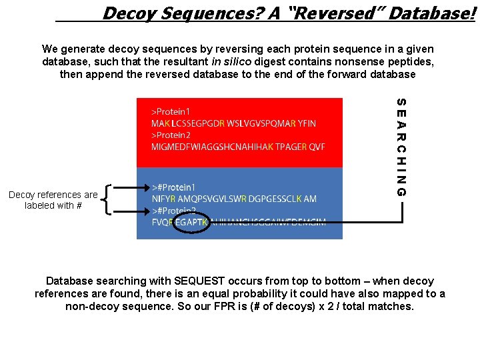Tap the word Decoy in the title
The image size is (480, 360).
point(129,12)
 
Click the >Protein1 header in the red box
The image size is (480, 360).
point(172,112)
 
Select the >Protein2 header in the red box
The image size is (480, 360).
point(172,135)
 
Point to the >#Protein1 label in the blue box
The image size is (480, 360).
point(174,187)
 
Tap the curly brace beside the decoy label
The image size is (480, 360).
point(108,199)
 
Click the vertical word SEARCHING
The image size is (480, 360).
point(401,147)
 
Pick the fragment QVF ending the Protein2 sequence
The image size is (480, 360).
point(317,147)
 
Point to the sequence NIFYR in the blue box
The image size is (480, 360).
point(164,199)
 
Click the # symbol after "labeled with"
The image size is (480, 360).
point(79,205)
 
